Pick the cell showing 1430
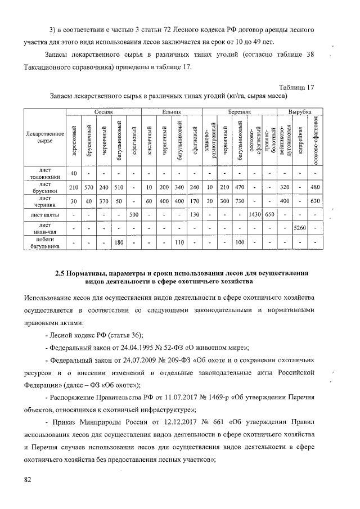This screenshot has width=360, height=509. pyautogui.click(x=255, y=214)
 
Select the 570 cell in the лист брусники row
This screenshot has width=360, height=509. pyautogui.click(x=88, y=187)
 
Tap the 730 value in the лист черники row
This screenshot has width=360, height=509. pyautogui.click(x=240, y=201)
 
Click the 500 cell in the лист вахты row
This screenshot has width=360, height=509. pyautogui.click(x=134, y=214)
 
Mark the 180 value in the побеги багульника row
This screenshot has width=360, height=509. pyautogui.click(x=119, y=242)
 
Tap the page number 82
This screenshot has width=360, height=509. pyautogui.click(x=28, y=479)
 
